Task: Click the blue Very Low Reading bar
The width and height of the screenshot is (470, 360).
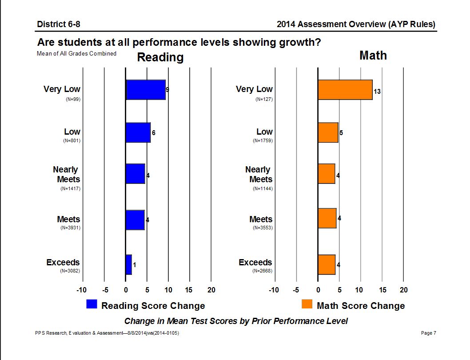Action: (x=146, y=90)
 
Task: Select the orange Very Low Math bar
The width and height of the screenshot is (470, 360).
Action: (x=345, y=90)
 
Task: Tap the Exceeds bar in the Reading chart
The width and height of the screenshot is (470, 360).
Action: (x=129, y=264)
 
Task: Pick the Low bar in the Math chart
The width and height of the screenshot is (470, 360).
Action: (x=328, y=132)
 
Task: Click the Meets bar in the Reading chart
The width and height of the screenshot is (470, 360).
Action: (x=135, y=220)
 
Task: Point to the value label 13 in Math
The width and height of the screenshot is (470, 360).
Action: (x=377, y=92)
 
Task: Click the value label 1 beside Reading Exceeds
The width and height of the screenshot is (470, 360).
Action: (x=134, y=265)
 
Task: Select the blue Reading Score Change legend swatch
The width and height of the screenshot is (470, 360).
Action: (x=92, y=304)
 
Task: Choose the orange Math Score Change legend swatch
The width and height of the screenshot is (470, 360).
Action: (x=307, y=304)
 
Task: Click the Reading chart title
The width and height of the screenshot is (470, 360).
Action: (x=160, y=57)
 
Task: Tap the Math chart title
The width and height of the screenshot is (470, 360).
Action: (x=373, y=56)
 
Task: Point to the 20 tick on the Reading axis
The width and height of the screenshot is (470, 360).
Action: (x=211, y=290)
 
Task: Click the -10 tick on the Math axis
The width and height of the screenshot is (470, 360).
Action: (x=274, y=290)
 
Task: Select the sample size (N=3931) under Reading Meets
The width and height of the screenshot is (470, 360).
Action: (x=70, y=228)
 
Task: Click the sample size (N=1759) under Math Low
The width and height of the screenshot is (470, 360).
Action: (x=263, y=140)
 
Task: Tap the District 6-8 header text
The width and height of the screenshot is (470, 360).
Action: (x=59, y=24)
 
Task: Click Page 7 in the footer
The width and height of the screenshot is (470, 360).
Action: (x=428, y=333)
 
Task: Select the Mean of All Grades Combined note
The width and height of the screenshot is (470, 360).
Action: (x=77, y=54)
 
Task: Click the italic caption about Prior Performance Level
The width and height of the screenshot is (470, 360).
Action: (x=236, y=321)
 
